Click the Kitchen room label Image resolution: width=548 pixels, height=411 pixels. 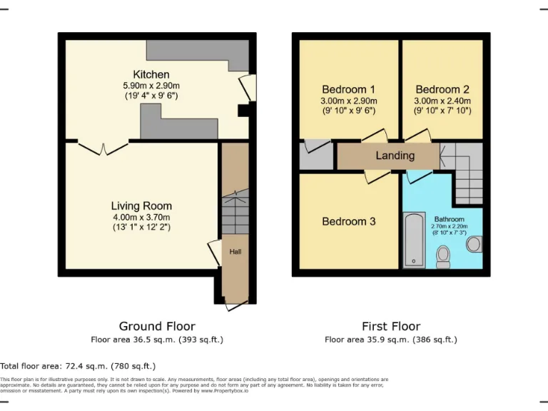pyautogui.click(x=151, y=74)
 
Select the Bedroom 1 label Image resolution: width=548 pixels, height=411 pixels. pyautogui.click(x=348, y=89)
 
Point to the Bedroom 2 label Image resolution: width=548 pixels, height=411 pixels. pyautogui.click(x=442, y=89)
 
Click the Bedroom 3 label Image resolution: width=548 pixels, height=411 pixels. pyautogui.click(x=348, y=221)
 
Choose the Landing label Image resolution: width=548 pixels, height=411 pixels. pyautogui.click(x=395, y=156)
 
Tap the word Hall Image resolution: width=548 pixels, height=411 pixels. pyautogui.click(x=235, y=252)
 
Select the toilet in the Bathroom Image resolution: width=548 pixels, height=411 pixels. pyautogui.click(x=443, y=255)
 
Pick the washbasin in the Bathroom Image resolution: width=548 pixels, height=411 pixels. pyautogui.click(x=473, y=245)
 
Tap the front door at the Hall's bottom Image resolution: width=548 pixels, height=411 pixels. pyautogui.click(x=233, y=304)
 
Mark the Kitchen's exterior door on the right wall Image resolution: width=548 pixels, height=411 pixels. pyautogui.click(x=246, y=87)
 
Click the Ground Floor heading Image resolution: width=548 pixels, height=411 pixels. pyautogui.click(x=156, y=326)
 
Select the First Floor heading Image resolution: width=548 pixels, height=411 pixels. pyautogui.click(x=390, y=326)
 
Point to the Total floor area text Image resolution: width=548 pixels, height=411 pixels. pyautogui.click(x=78, y=366)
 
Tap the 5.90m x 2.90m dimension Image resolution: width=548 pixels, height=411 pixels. pyautogui.click(x=151, y=86)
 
